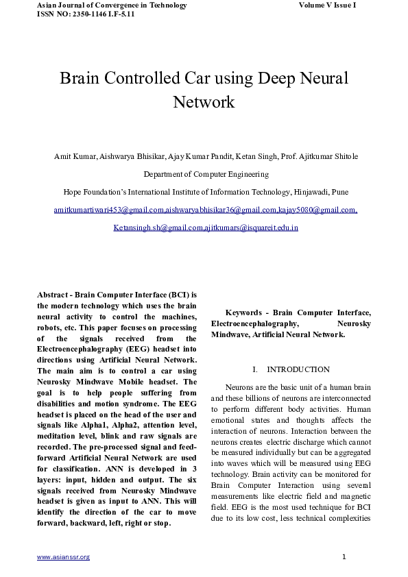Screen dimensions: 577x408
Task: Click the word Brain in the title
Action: (80, 78)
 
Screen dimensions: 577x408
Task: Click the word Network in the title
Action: (204, 103)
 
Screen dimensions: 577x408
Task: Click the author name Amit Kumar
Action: (75, 156)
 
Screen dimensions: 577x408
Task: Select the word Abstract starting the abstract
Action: (54, 294)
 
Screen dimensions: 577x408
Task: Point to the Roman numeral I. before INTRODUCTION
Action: (254, 369)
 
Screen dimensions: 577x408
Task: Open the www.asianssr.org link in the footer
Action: (63, 557)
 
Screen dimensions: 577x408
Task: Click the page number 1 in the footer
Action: (344, 556)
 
